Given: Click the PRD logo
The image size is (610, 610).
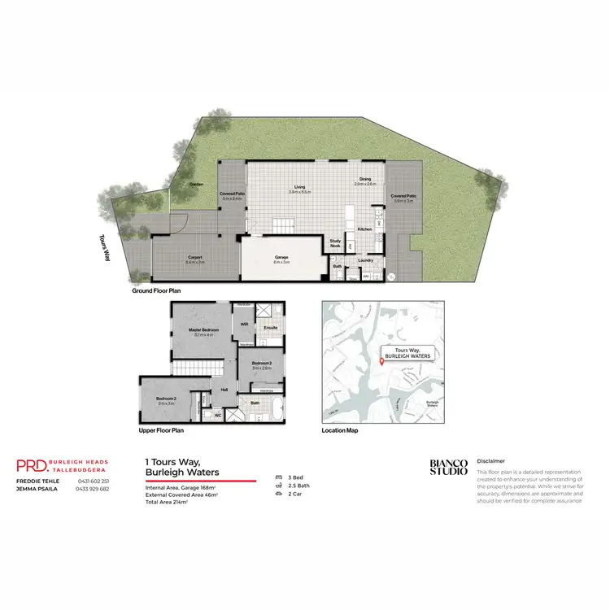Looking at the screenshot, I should (31, 465).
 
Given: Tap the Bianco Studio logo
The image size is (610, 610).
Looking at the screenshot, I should (449, 467).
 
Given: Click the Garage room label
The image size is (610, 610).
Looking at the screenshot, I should (281, 259).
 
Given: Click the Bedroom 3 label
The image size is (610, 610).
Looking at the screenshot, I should (166, 399).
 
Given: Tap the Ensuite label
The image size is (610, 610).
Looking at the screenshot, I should (270, 328).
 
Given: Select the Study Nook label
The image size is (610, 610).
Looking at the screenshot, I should (335, 242).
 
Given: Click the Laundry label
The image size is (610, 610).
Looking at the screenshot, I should (365, 260).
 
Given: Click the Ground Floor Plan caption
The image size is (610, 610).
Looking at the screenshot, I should (156, 290).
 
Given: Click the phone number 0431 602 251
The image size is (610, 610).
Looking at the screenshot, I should (92, 481).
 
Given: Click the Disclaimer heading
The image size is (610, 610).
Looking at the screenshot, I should (491, 460).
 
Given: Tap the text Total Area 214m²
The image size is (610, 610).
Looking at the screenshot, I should (166, 502).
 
